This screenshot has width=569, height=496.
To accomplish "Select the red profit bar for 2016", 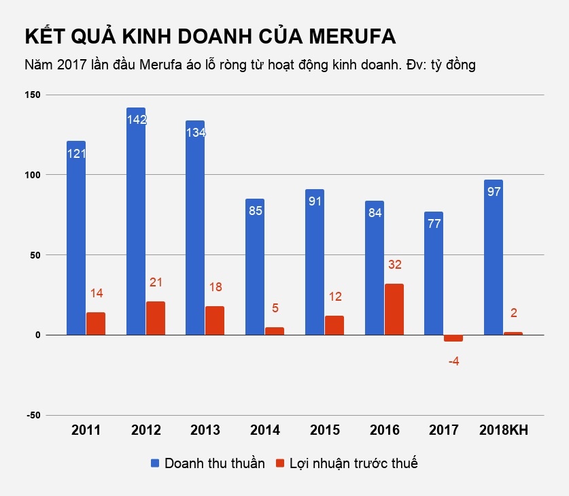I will [394, 310].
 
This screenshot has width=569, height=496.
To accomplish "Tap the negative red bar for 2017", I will [453, 338].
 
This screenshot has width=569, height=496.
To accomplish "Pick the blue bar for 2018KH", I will [494, 265].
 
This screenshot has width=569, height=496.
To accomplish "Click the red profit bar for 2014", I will [275, 331].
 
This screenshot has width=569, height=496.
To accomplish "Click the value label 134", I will [196, 133].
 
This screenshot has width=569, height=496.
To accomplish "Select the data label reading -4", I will [453, 361].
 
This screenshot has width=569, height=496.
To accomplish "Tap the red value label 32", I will [394, 264].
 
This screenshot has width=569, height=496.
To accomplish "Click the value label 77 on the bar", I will [434, 223].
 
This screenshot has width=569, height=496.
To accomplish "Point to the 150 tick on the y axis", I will [33, 95].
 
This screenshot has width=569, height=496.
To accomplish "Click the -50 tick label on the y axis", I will [33, 415].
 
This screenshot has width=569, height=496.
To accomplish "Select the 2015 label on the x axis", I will [325, 431].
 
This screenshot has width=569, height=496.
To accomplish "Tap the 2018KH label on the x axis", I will [504, 431].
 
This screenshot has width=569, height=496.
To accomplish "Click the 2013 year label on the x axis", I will [205, 431].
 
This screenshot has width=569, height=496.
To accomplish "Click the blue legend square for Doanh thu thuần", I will [156, 463].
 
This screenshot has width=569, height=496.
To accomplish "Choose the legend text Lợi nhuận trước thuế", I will [354, 463].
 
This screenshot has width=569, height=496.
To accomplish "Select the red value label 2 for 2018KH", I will [514, 313].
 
